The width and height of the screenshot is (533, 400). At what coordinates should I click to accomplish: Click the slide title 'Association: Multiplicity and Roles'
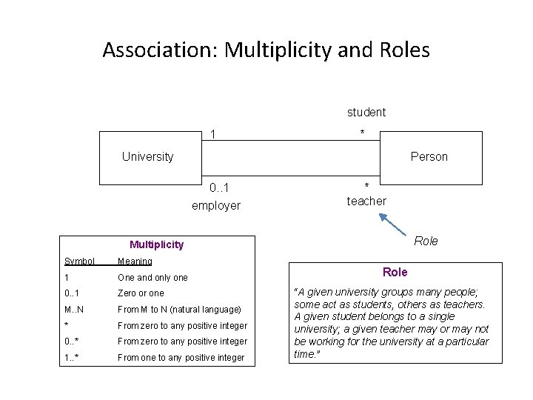pyautogui.click(x=266, y=50)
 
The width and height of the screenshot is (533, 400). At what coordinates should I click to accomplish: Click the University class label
pyautogui.click(x=147, y=156)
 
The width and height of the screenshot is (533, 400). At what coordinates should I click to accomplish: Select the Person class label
pyautogui.click(x=429, y=156)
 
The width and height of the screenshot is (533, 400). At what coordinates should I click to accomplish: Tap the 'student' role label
pyautogui.click(x=366, y=113)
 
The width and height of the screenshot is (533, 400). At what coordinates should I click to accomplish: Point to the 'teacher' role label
pyautogui.click(x=366, y=201)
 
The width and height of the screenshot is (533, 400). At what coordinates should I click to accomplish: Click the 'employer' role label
pyautogui.click(x=215, y=205)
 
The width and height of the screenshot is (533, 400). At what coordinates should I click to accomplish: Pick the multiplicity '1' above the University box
pyautogui.click(x=213, y=134)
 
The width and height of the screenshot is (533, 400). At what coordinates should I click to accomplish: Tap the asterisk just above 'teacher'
pyautogui.click(x=366, y=186)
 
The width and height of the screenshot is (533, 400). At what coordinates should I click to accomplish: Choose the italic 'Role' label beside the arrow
pyautogui.click(x=426, y=241)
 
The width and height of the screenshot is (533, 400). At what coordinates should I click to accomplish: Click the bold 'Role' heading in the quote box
pyautogui.click(x=395, y=272)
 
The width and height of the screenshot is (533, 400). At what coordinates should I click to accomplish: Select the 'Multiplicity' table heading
pyautogui.click(x=156, y=244)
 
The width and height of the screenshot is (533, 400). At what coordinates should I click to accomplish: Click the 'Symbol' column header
pyautogui.click(x=79, y=261)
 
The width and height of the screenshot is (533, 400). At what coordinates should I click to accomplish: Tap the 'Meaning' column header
pyautogui.click(x=135, y=261)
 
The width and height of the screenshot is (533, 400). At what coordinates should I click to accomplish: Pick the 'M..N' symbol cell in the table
pyautogui.click(x=74, y=309)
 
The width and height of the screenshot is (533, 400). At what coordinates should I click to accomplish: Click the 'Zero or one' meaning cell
pyautogui.click(x=141, y=293)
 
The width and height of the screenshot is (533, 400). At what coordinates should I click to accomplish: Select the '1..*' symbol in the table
pyautogui.click(x=73, y=357)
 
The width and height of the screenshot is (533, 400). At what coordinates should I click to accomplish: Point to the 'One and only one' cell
pyautogui.click(x=152, y=277)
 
